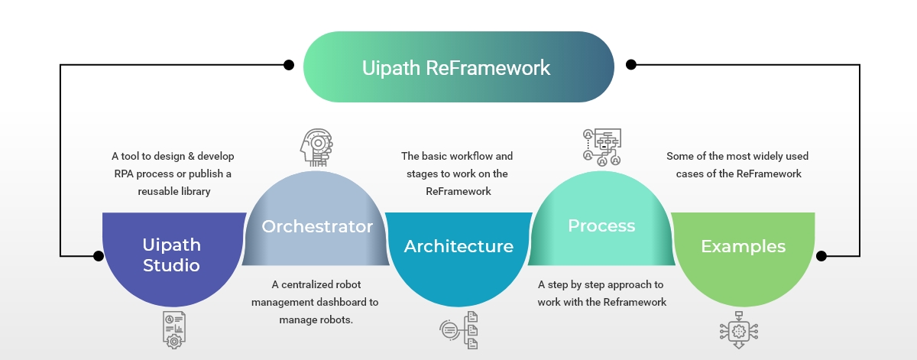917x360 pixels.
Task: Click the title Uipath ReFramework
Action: point(456,67)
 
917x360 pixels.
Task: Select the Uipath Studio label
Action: point(171,255)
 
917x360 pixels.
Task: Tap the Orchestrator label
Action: point(317,227)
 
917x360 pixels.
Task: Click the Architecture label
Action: point(458,246)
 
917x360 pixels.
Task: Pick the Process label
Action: point(601,225)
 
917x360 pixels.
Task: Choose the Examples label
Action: point(743,246)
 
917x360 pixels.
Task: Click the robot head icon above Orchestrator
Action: point(316,148)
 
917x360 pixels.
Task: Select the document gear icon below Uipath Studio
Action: point(173,329)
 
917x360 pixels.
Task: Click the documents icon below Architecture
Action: point(459,330)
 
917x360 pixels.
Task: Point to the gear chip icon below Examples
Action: point(738,329)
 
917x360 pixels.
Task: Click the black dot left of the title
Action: point(289,65)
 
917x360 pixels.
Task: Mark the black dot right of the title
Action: point(630,65)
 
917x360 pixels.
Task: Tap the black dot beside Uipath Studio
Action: point(98,255)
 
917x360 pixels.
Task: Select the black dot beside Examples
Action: point(821,255)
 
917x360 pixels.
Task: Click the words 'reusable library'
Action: point(173,192)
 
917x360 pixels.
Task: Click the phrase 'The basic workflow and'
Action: point(457,156)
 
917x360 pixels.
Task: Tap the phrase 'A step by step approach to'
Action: point(601,284)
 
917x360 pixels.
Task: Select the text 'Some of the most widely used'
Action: point(737,156)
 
